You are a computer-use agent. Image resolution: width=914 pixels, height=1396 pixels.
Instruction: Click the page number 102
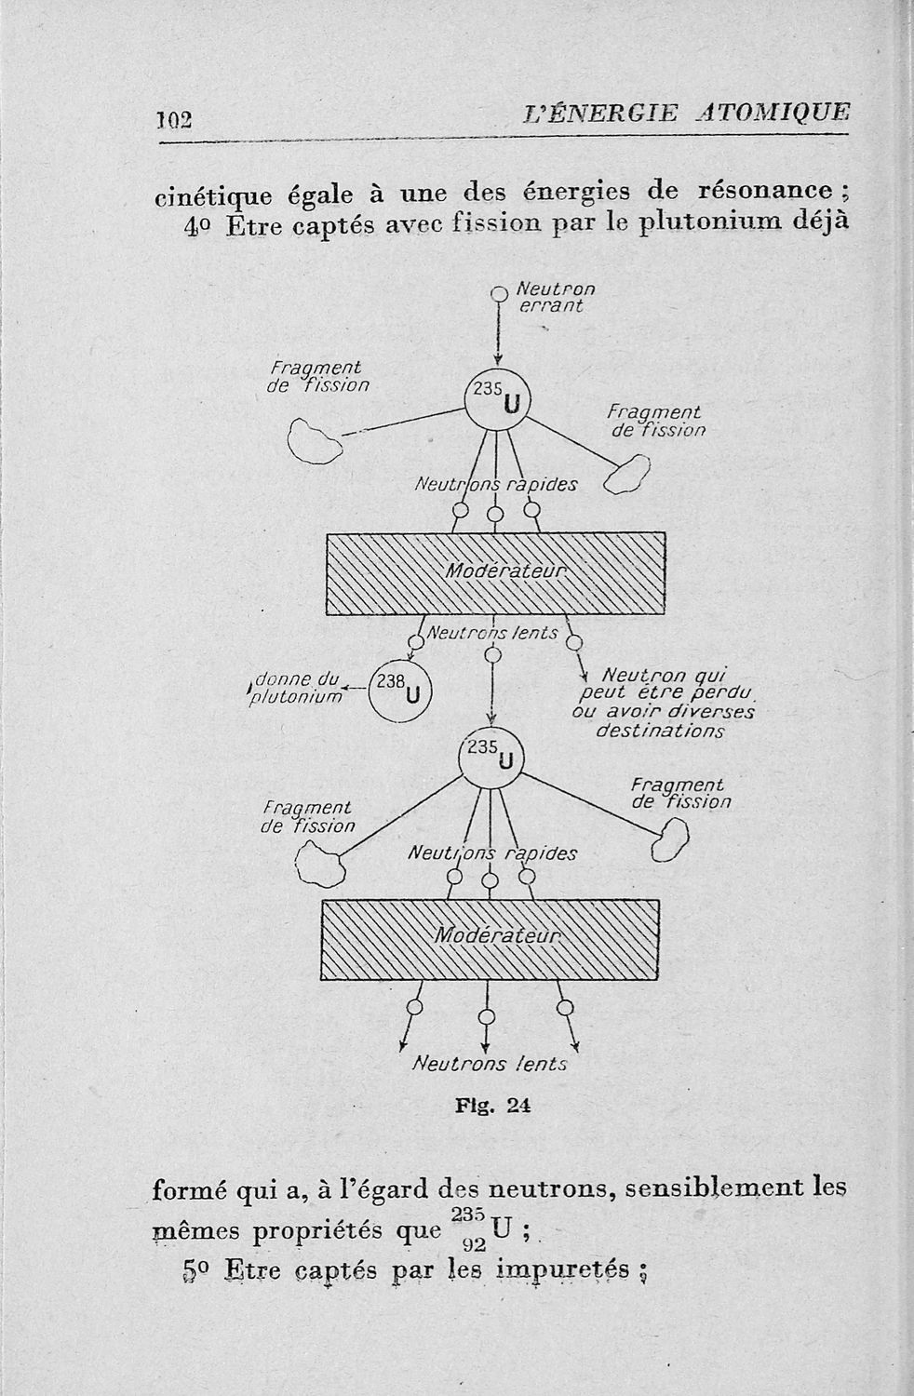[x=173, y=118]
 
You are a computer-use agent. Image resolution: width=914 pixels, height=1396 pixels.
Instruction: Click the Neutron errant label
[x=553, y=297]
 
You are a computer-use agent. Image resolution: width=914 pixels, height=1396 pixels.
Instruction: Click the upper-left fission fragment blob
[x=314, y=438]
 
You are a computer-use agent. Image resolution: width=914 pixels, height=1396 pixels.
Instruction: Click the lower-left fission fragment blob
[x=320, y=865]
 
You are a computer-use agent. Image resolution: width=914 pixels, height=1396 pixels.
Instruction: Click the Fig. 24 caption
[x=492, y=1107]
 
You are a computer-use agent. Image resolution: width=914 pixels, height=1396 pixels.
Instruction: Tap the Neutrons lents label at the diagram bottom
[x=488, y=1064]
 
